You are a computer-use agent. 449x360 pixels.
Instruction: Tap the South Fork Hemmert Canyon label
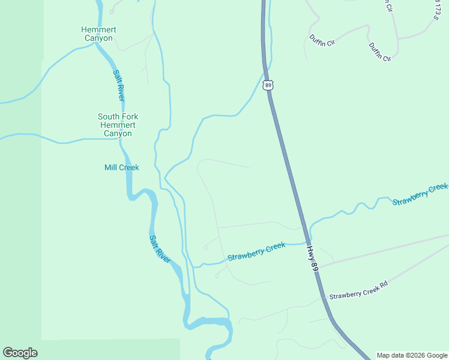[118, 125]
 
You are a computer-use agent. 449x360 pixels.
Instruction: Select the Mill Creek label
[121, 167]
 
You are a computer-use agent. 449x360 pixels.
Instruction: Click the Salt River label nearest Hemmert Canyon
[119, 85]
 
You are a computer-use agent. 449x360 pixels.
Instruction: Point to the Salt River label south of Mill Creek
[160, 248]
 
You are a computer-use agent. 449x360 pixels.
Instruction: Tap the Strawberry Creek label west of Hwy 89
[256, 252]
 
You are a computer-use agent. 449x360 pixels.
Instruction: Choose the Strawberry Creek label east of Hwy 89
[420, 195]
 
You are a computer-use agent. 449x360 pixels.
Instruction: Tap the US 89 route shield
[268, 86]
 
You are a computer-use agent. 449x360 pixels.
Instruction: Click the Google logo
[20, 353]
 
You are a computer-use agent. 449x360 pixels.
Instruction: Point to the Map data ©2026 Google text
[412, 355]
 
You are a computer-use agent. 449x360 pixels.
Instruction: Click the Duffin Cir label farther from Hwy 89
[379, 52]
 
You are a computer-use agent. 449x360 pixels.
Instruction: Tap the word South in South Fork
[109, 116]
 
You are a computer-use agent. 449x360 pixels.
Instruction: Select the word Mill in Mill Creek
[111, 167]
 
